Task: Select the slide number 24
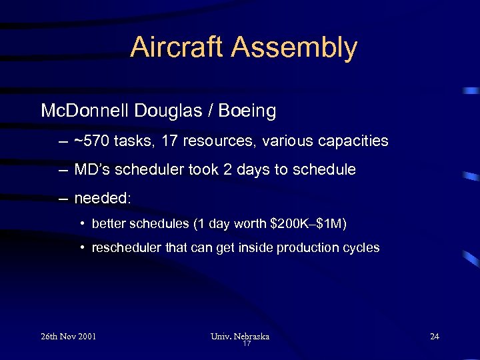click(435, 336)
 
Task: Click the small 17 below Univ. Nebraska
click(246, 344)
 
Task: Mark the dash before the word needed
click(62, 198)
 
